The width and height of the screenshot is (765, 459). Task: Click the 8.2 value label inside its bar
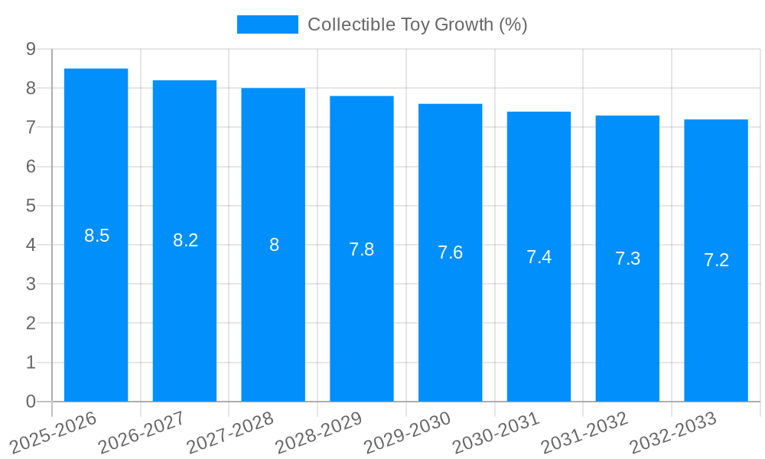185,240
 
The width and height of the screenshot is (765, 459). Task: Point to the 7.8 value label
362,249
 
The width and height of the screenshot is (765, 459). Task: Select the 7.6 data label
451,252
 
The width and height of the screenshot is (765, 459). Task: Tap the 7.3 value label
627,259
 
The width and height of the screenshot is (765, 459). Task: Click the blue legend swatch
267,24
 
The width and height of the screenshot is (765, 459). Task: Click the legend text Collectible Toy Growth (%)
417,24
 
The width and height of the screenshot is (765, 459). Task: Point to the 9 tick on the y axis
31,49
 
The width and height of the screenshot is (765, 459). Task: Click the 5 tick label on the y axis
31,206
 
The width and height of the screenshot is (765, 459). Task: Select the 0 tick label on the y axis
31,402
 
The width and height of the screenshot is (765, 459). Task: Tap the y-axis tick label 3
31,284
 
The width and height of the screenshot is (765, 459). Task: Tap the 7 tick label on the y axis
31,127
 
